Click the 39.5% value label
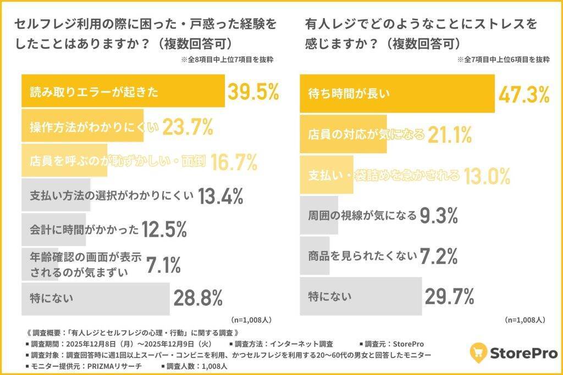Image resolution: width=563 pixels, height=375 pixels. [254, 92]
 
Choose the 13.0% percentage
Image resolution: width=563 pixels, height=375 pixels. [487, 175]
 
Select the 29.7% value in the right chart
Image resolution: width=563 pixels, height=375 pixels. [449, 296]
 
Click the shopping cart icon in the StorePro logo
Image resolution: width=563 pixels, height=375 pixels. [479, 352]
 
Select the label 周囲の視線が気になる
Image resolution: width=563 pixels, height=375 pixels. [362, 216]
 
